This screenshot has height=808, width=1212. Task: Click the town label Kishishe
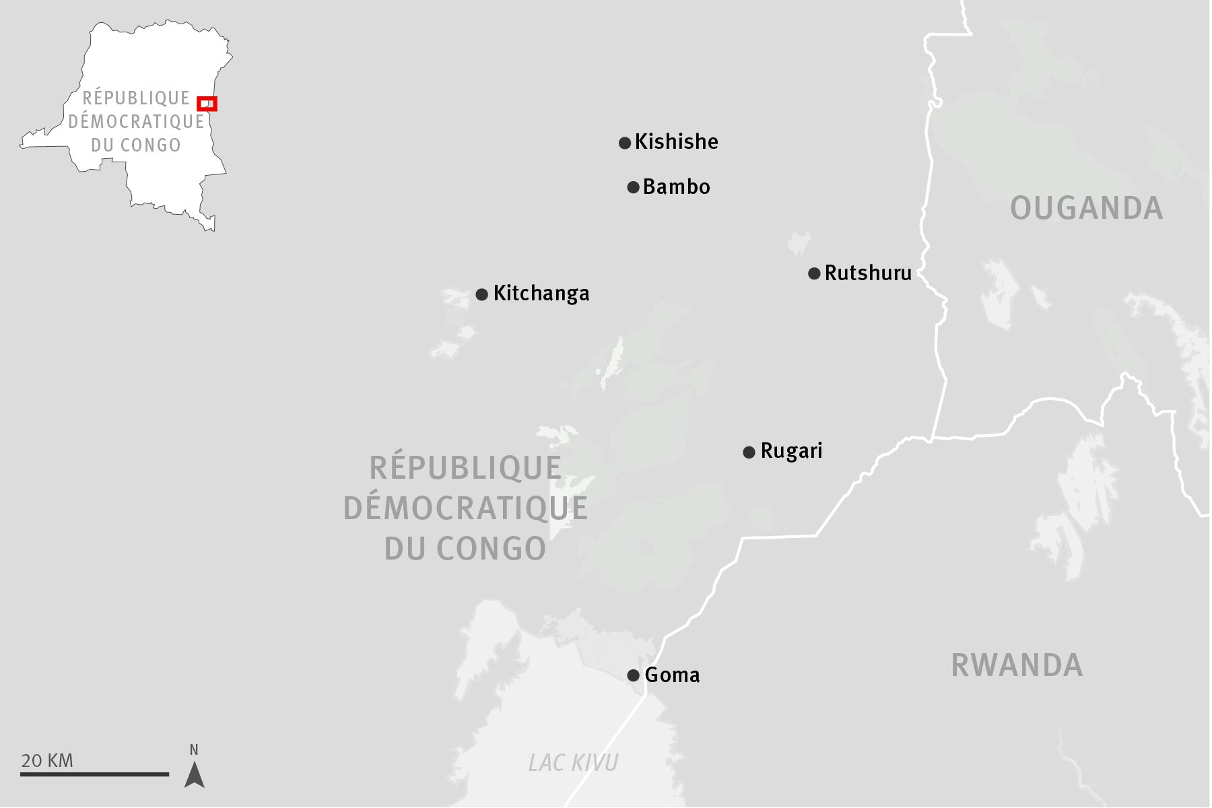point(676,142)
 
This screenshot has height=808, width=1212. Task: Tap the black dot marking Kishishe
point(625,143)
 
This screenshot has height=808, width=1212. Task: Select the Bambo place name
point(676,187)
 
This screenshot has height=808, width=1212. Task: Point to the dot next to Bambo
point(633,187)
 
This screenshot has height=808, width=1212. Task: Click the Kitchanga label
point(541,294)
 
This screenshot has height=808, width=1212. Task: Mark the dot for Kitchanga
point(481,294)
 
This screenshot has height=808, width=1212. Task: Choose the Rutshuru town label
point(868,273)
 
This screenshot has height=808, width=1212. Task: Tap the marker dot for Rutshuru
point(814,273)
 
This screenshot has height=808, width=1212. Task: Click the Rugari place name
point(791,451)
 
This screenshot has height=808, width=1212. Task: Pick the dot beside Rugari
point(749,452)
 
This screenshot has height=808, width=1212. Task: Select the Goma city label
point(672,675)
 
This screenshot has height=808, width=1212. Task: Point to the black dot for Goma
point(633,675)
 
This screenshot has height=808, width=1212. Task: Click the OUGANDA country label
point(1086,208)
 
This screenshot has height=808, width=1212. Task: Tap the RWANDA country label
point(1017,665)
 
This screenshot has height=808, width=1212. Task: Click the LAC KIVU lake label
point(573,763)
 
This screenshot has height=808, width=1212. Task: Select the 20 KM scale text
point(47,761)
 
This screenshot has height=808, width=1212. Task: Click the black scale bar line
point(94,774)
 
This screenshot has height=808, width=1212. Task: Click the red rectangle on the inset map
point(207,104)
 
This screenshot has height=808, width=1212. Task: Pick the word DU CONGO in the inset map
point(136,145)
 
